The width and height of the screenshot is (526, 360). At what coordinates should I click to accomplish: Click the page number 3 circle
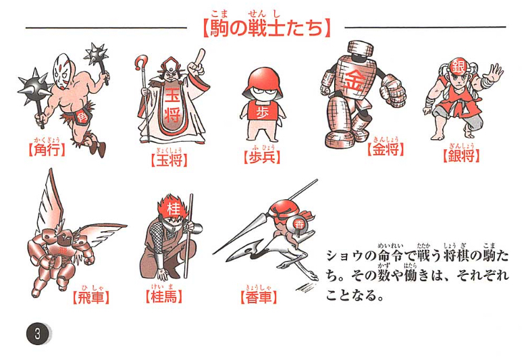click(x=38, y=334)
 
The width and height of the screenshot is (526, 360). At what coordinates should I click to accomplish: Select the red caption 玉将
click(x=169, y=160)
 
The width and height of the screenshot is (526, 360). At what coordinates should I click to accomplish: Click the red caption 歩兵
click(x=262, y=157)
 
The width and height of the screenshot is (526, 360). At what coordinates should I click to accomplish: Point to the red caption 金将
click(x=386, y=149)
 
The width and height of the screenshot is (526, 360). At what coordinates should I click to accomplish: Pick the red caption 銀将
click(x=461, y=155)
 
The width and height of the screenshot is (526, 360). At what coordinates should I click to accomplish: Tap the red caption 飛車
click(x=91, y=297)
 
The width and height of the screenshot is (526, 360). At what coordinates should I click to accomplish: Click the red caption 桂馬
click(x=164, y=297)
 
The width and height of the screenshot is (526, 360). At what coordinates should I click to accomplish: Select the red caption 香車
click(x=259, y=297)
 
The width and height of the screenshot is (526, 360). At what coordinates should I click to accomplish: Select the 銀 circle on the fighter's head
click(x=458, y=68)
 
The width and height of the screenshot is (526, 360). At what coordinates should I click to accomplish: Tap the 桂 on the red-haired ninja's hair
click(x=173, y=208)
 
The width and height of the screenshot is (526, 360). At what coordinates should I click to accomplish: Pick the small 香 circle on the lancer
click(x=298, y=224)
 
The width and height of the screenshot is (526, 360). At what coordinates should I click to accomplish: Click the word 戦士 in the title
click(x=263, y=28)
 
